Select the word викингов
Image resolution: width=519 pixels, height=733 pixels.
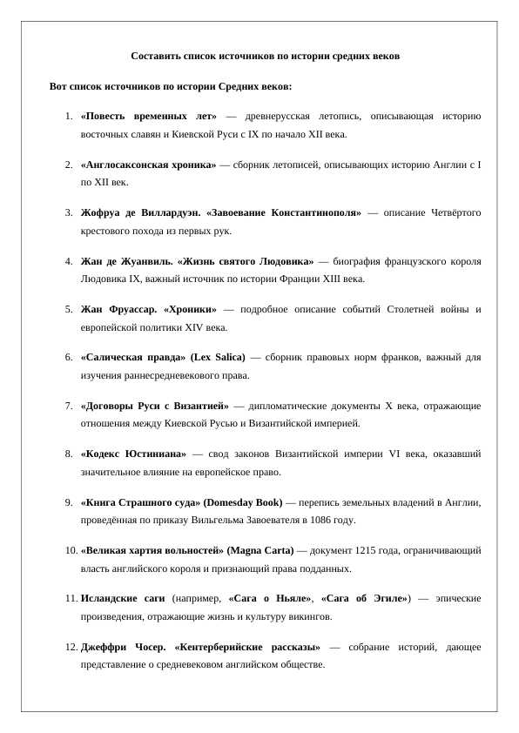(x=307, y=617)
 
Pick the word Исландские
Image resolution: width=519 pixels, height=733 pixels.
(x=109, y=599)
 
